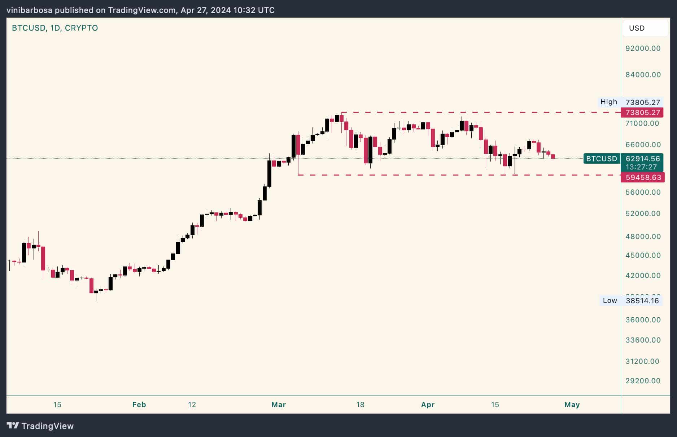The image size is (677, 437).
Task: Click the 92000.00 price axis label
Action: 643,48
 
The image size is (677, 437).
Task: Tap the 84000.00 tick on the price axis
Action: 643,75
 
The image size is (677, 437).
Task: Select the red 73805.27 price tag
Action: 642,112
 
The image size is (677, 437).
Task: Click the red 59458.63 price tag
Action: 643,177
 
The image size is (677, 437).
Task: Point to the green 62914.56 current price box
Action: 642,159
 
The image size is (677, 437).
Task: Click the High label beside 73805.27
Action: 608,102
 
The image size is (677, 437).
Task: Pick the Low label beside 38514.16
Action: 610,300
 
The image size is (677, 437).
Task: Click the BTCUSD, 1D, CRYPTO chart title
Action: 55,28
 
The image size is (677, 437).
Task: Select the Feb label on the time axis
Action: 139,405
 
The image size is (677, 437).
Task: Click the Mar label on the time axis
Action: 278,405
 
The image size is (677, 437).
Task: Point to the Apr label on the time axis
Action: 428,405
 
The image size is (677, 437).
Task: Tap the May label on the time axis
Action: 572,405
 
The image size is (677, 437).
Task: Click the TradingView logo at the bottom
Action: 40,426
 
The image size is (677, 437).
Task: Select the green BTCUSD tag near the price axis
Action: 601,159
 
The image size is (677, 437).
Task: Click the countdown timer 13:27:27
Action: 641,167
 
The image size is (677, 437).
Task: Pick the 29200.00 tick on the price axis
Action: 643,381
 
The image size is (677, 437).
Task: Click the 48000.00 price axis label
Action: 643,237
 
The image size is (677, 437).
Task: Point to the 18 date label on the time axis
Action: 360,405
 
